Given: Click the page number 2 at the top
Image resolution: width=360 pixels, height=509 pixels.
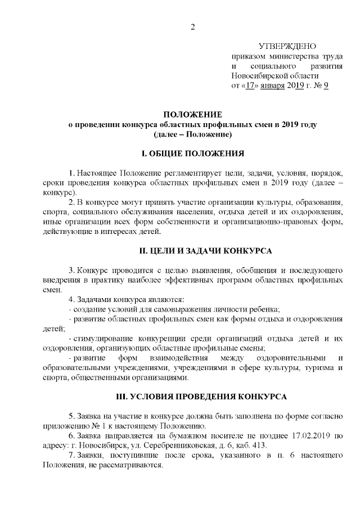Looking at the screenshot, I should tap(192, 28).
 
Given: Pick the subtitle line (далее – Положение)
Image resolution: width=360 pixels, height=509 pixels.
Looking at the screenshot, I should tap(192, 135).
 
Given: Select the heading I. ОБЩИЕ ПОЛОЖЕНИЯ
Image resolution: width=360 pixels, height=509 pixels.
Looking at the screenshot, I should tap(192, 153).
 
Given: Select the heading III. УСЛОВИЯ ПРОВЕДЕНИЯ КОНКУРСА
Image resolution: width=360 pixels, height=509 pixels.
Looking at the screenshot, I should tap(192, 397).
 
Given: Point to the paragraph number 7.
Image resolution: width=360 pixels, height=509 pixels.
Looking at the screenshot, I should tap(71, 456).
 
